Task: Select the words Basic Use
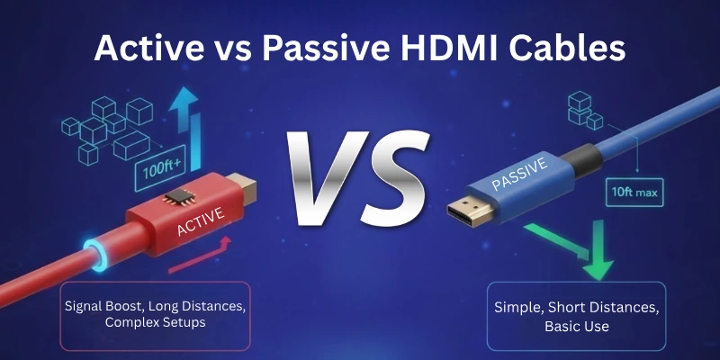point(577,325)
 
